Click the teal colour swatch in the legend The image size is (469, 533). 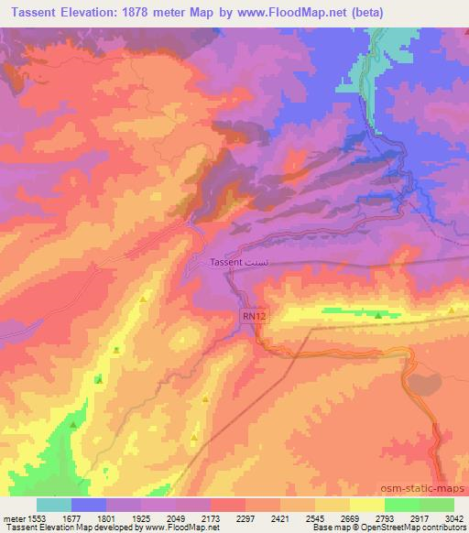pos(54,505)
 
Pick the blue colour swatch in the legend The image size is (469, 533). pos(89,505)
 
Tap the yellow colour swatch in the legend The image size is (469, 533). pos(367,505)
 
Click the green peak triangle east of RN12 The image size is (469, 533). pos(378,316)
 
